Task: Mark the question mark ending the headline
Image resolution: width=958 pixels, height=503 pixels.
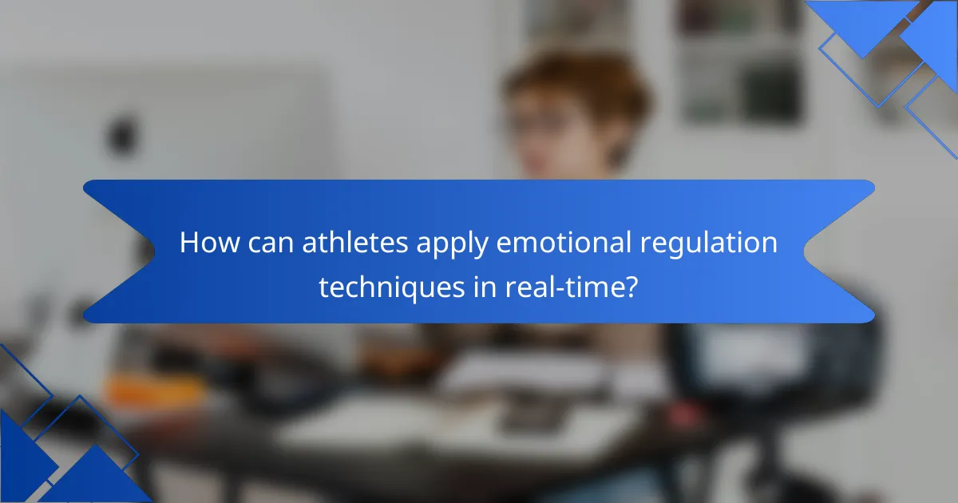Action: click(631, 287)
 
